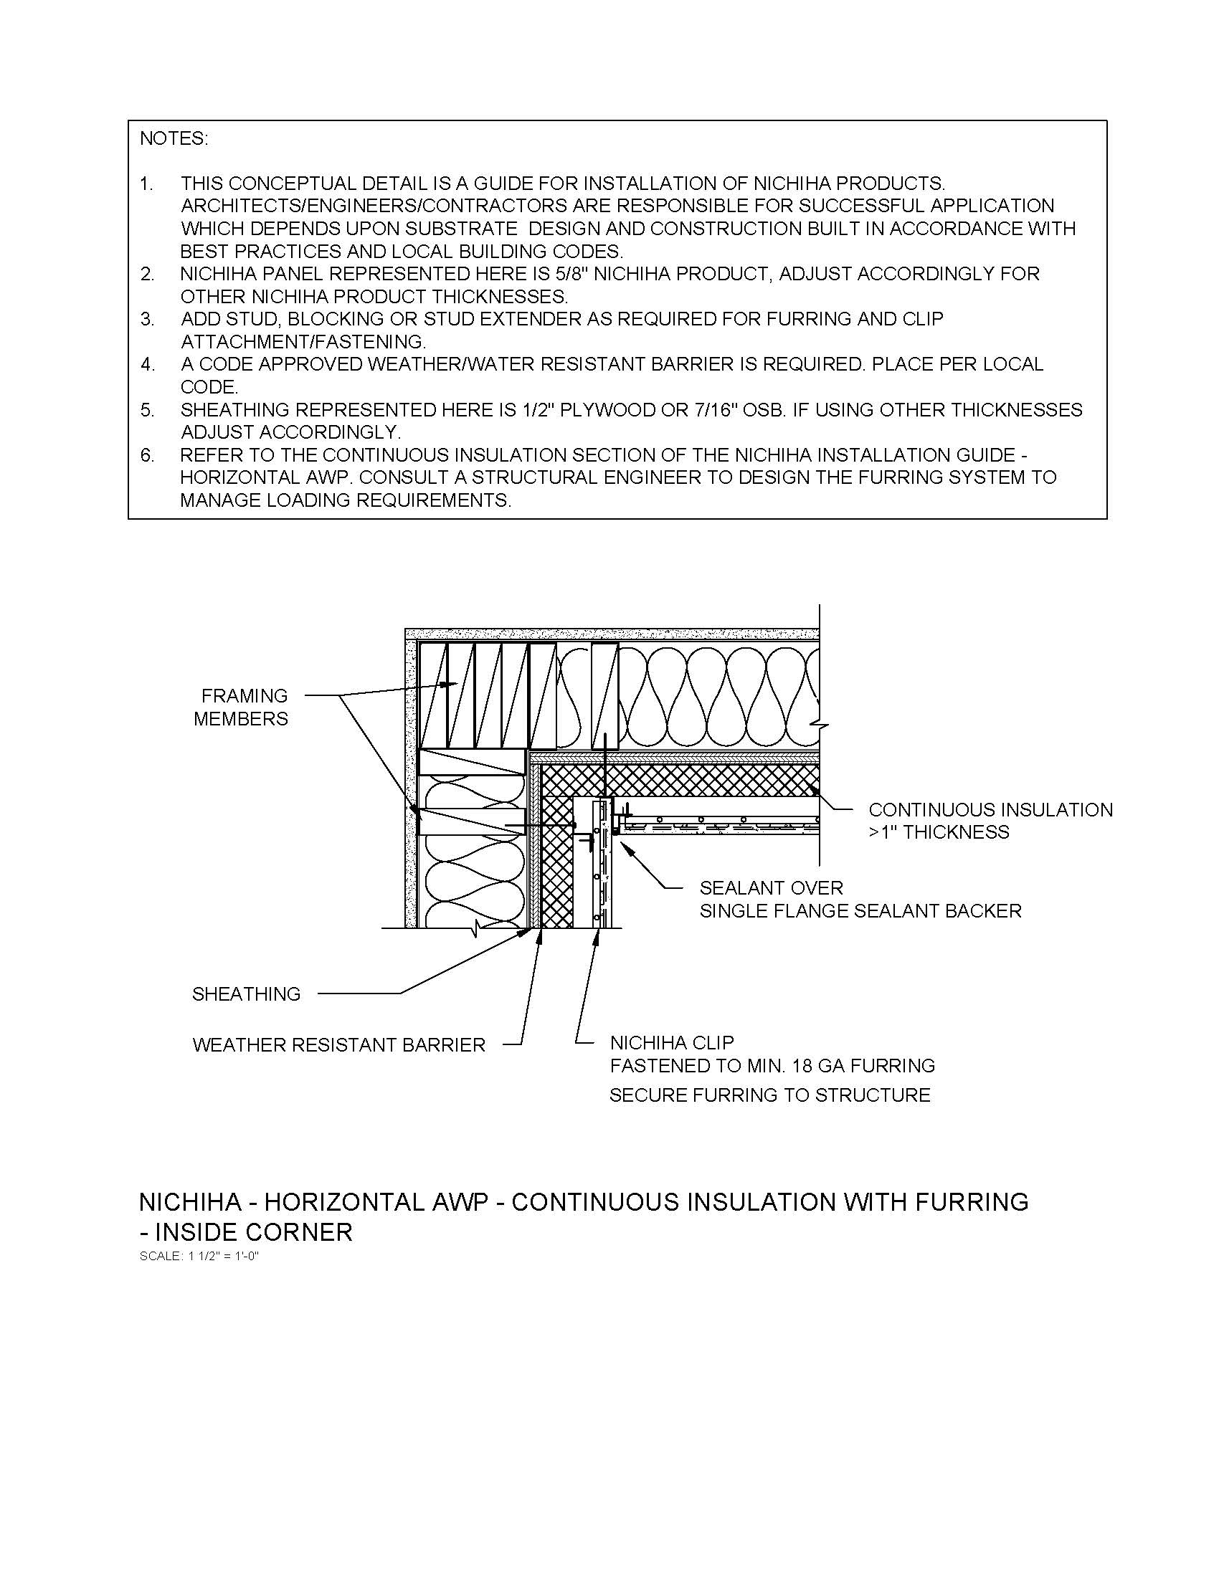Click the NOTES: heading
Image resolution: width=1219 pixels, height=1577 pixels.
coord(174,138)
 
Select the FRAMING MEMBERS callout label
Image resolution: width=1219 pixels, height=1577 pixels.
coord(241,707)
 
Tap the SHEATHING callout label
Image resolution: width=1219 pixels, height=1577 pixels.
coord(246,994)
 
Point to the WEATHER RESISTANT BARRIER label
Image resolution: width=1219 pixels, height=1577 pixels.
coord(338,1045)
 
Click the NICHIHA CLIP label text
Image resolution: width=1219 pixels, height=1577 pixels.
coord(672,1042)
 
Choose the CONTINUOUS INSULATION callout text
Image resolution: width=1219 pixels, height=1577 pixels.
coord(990,809)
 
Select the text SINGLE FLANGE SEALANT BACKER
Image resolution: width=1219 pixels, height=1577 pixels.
coord(860,911)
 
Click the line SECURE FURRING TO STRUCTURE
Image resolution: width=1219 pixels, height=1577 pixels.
coord(770,1095)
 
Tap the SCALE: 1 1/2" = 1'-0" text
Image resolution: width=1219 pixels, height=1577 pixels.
coord(199,1256)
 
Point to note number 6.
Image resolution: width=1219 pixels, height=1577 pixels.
coord(147,455)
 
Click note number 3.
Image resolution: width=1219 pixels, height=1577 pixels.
coord(147,319)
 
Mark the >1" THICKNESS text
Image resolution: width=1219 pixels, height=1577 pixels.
coord(939,832)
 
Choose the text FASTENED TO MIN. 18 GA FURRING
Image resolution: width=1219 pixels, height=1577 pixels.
coord(772,1065)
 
